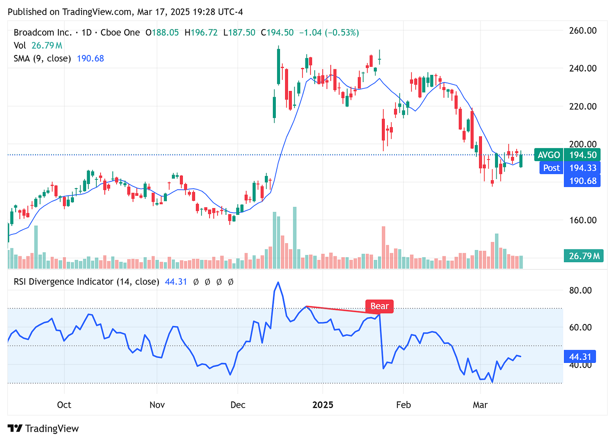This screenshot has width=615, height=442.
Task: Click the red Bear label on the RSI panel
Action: [x=379, y=306]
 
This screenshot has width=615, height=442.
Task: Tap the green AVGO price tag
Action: [x=549, y=155]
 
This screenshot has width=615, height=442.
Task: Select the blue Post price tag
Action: [x=551, y=168]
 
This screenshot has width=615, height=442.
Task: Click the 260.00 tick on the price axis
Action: [x=583, y=30]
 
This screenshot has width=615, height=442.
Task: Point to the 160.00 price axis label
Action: [x=583, y=220]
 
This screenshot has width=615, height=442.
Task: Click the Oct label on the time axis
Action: [x=64, y=405]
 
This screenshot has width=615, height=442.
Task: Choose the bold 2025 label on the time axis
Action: [x=323, y=405]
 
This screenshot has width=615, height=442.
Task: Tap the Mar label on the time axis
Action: [x=480, y=405]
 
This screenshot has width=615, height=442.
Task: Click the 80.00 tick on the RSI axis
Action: [x=581, y=290]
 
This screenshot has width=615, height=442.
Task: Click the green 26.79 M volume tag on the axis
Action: [x=584, y=256]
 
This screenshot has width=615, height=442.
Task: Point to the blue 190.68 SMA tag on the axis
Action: [x=582, y=181]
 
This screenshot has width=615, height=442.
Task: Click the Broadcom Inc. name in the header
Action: [x=42, y=33]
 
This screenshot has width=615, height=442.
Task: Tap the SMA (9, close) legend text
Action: [x=42, y=58]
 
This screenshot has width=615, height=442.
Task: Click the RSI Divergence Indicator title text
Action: [x=86, y=282]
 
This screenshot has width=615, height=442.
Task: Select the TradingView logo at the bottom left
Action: [x=43, y=428]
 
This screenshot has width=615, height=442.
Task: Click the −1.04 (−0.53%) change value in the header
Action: [x=329, y=33]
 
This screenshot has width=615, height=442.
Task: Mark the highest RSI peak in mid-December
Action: [x=278, y=282]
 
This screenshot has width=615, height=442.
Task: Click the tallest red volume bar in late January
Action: [x=384, y=247]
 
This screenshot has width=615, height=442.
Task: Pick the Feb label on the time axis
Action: [x=403, y=405]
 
